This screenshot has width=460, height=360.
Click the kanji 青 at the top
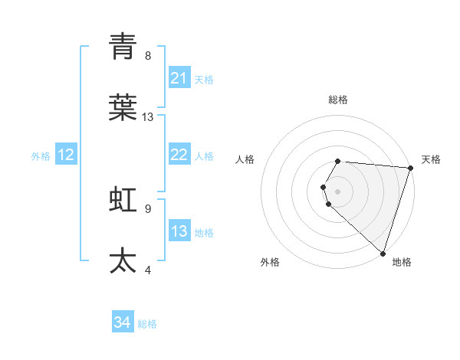123,47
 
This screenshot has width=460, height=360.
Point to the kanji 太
123,260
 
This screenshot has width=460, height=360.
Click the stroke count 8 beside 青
148,55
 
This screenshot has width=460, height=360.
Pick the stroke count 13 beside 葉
148,117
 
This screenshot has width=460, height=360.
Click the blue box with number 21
179,78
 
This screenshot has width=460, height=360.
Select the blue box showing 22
179,155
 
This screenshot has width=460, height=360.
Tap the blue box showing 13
179,231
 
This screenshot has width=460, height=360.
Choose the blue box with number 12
66,155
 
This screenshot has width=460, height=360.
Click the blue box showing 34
123,322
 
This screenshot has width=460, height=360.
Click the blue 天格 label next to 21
204,79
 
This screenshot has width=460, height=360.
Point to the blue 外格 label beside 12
41,156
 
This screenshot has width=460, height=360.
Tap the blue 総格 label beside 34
147,324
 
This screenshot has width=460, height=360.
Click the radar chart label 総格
338,100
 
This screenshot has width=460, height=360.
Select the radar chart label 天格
431,159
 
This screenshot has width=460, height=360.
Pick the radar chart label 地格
402,262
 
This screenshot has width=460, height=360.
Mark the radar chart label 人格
245,159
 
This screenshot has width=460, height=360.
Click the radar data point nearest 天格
410,168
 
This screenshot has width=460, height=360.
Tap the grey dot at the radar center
338,191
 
